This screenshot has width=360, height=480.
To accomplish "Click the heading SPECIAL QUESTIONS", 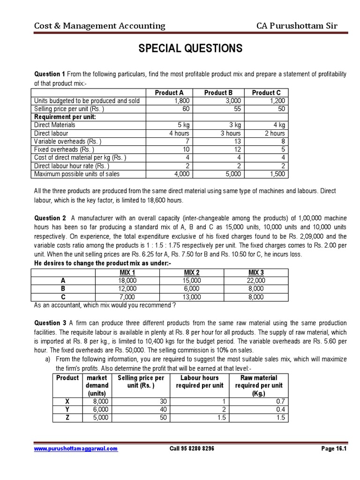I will coord(189,48).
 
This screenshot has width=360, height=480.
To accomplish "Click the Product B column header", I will coord(218,92).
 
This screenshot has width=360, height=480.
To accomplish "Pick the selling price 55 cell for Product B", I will coord(218,109).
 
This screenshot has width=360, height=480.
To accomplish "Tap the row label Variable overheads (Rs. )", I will coord(67,141).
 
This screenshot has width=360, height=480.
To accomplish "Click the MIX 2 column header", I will coord(192,272).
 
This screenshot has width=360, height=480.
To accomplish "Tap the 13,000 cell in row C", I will coord(192,297).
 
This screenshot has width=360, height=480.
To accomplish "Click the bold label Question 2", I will coord(50,218).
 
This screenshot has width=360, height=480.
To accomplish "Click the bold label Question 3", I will coord(50,323).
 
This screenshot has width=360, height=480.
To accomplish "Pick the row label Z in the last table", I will coord(67,418).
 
